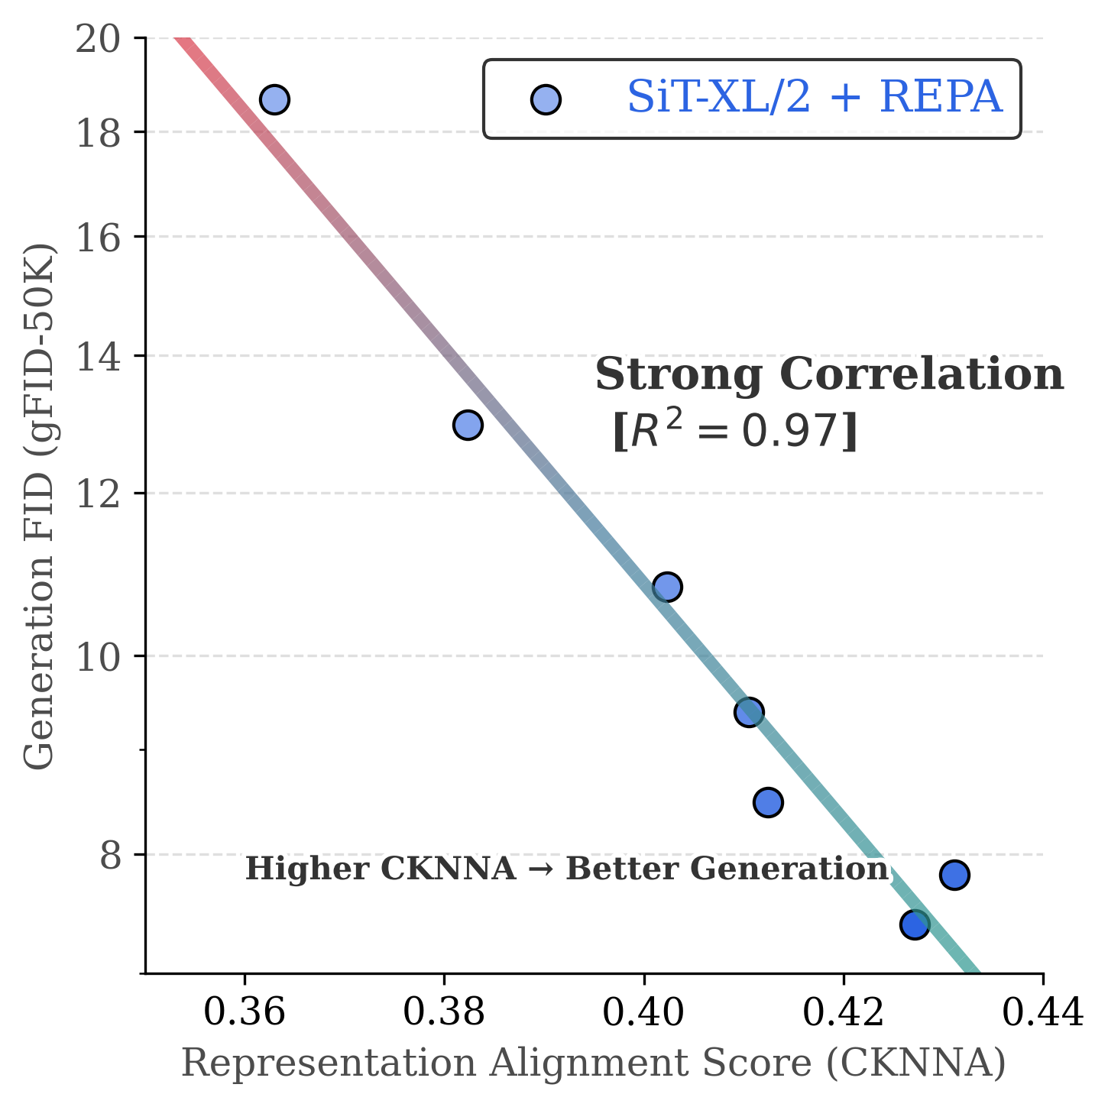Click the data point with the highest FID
pos(274,99)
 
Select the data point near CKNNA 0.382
pos(468,425)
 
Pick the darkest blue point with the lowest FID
pos(915,924)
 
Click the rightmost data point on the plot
pos(954,875)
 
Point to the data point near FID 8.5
pos(768,802)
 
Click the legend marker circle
pos(546,99)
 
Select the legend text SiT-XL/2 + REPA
pos(815,98)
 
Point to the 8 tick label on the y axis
pos(111,856)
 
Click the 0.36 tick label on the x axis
pos(245,1013)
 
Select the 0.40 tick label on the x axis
pos(643,1013)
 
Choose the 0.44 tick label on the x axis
pos(1042,1013)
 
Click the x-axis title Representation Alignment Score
pos(593,1063)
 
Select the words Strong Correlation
pos(829,375)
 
